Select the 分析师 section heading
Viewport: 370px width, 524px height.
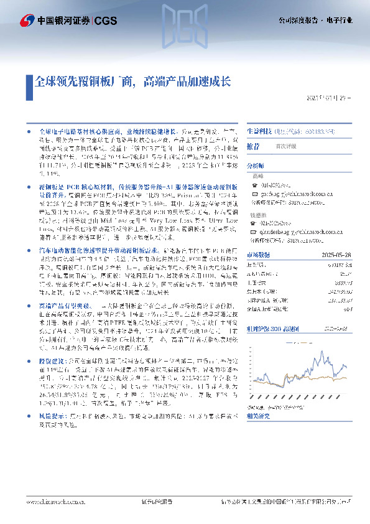255,166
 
